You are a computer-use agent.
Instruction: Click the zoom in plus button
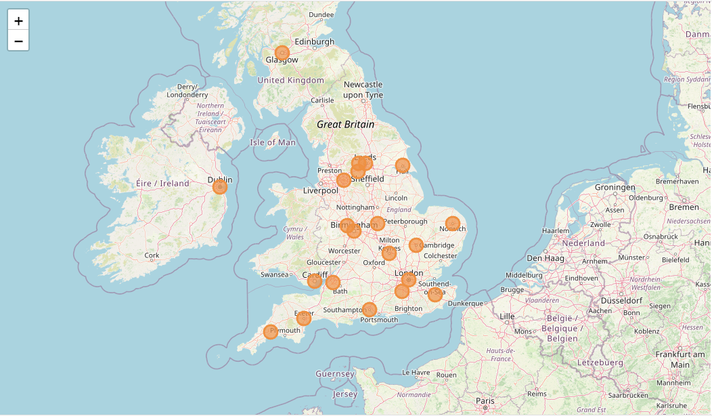(18, 20)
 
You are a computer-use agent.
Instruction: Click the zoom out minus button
(18, 41)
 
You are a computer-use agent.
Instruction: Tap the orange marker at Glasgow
(282, 53)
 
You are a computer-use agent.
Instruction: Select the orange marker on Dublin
(220, 186)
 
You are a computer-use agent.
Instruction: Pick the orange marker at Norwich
(453, 224)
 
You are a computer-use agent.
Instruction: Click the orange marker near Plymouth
(271, 331)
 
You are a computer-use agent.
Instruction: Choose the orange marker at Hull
(403, 165)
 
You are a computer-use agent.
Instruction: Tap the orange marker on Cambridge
(416, 245)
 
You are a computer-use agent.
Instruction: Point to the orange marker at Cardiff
(315, 280)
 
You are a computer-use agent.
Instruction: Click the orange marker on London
(409, 279)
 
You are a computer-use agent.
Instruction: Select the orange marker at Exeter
(304, 318)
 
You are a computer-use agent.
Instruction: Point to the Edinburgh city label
(314, 41)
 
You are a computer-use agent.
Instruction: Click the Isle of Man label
(273, 142)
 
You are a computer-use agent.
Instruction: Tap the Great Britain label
(345, 125)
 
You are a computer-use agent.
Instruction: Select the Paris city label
(485, 401)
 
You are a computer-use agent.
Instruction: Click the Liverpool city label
(320, 190)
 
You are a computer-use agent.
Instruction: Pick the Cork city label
(152, 255)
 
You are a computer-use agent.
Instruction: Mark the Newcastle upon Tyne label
(363, 89)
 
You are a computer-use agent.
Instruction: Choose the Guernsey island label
(335, 374)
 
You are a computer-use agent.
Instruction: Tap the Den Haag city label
(544, 258)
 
